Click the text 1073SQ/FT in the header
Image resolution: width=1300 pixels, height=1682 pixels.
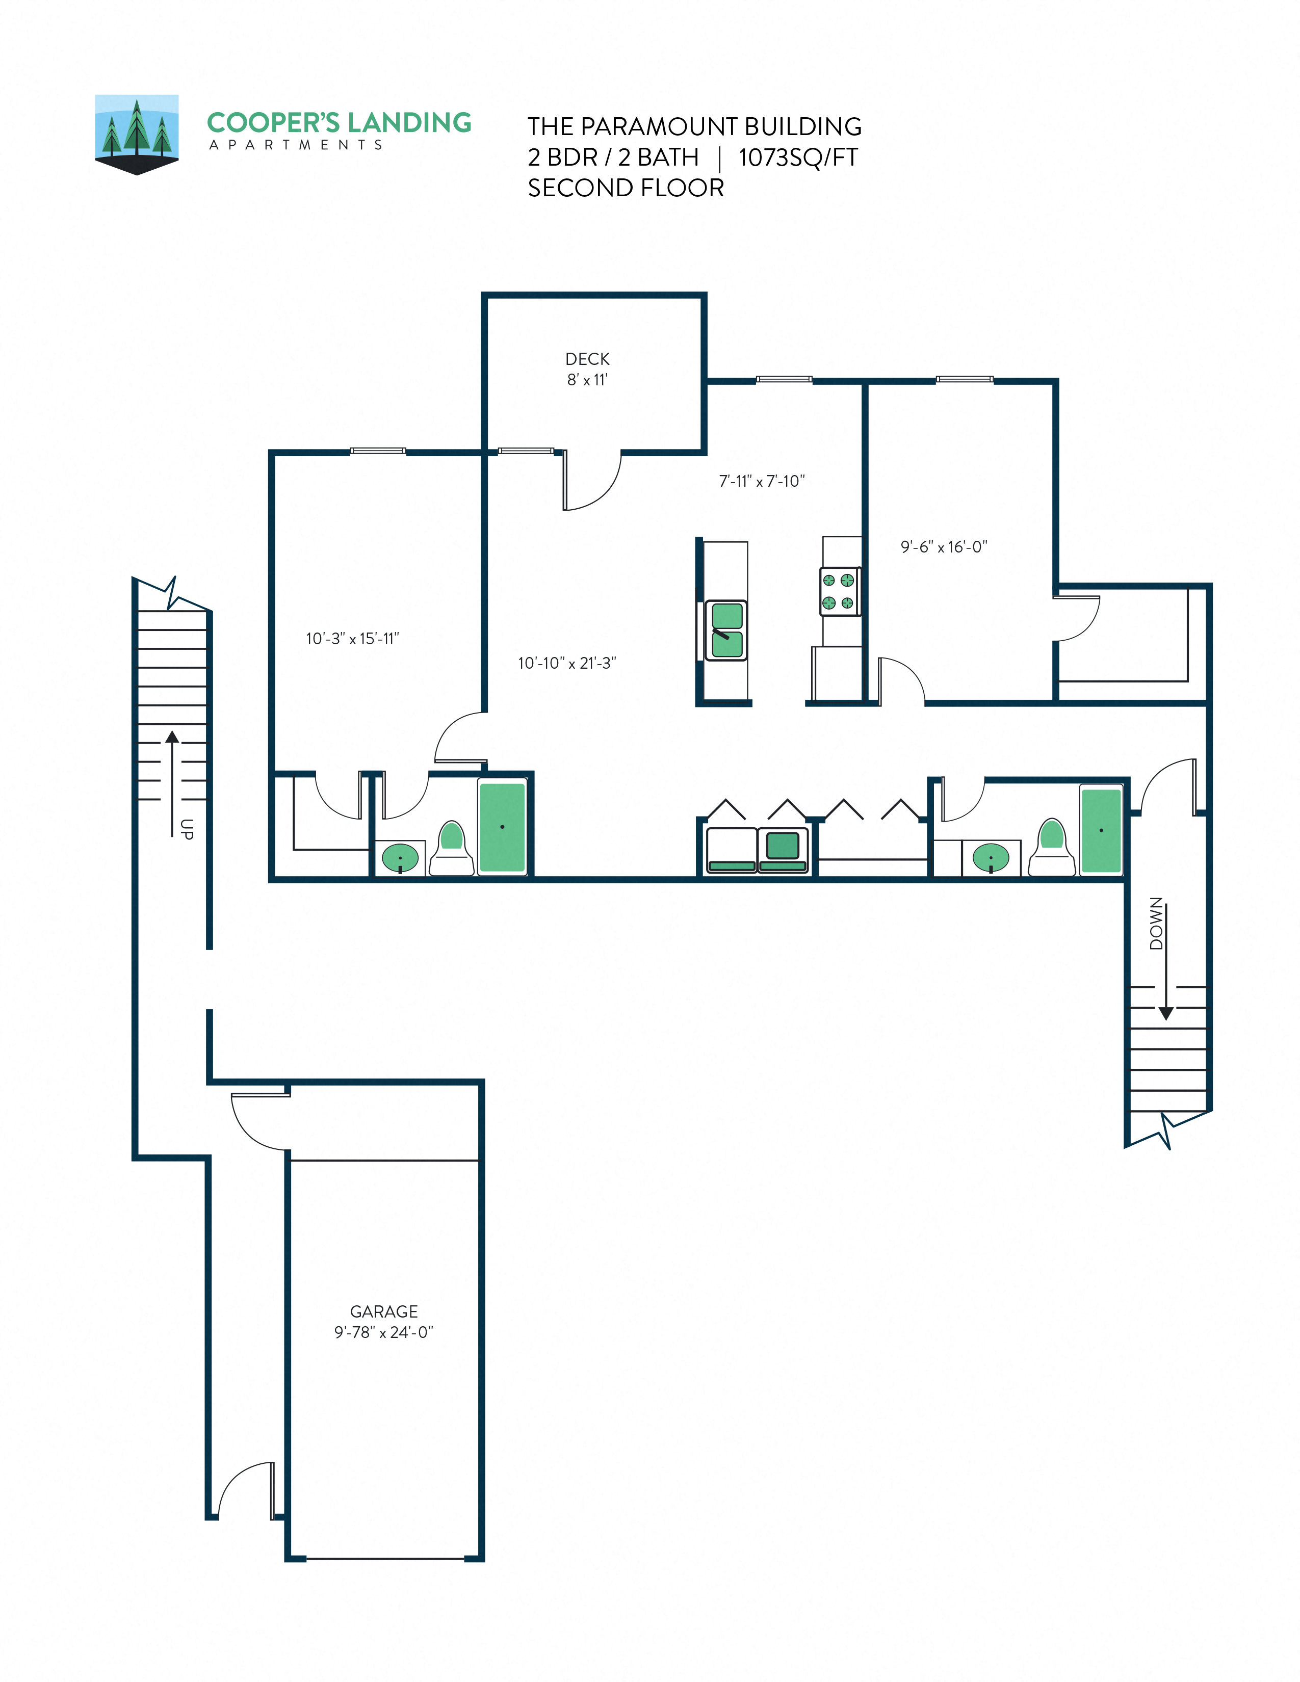(798, 157)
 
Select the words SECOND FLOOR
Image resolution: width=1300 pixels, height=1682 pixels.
(626, 188)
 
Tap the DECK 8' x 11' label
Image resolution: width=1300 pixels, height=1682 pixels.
(587, 369)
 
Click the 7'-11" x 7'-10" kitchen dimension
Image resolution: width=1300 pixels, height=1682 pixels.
(762, 481)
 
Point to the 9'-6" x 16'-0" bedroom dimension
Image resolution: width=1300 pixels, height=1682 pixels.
(944, 547)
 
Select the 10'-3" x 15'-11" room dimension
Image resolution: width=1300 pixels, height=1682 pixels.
(352, 639)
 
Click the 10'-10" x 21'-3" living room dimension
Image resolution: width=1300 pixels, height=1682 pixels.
(567, 663)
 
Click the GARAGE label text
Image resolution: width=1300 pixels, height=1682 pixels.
(383, 1311)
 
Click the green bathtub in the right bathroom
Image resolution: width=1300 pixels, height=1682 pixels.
(1101, 829)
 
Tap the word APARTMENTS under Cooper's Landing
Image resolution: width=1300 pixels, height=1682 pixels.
(296, 145)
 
